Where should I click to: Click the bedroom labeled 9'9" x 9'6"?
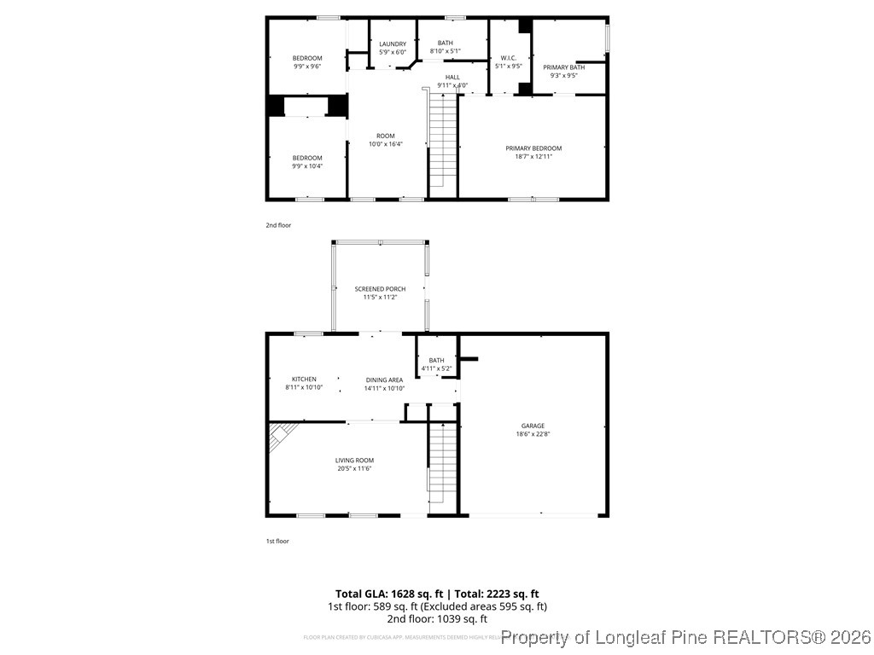point(307,62)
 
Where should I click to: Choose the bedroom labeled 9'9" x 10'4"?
point(307,162)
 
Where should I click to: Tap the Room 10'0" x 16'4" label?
point(386,140)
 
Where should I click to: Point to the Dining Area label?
point(384,384)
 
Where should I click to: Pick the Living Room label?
point(354,464)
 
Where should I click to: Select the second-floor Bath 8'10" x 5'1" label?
point(446,47)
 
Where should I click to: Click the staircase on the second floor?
point(443,141)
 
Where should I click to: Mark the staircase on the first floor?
point(443,465)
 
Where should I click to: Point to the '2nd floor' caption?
point(278,225)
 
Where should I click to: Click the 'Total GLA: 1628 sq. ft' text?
point(388,594)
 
